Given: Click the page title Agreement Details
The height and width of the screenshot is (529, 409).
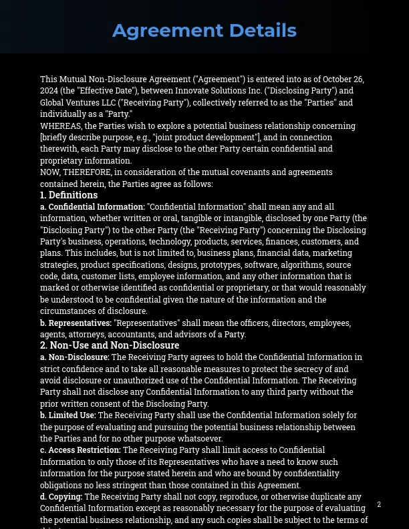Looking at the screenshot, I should tap(204, 30).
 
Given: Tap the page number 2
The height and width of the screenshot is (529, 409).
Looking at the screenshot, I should tap(379, 504).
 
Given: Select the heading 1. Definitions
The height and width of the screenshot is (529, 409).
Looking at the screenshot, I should tap(69, 195).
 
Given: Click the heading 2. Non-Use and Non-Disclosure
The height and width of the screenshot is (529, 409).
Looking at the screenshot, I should tap(110, 345).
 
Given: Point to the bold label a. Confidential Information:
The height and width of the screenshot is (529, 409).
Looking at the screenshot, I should tap(92, 207).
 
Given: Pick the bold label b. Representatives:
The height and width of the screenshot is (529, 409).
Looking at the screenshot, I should tap(76, 323).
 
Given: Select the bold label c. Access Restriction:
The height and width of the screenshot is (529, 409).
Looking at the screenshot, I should tap(80, 450).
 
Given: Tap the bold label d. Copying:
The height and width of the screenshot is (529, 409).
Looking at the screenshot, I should tap(61, 497).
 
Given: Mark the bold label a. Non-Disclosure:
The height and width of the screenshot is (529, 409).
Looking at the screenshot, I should tap(74, 357).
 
